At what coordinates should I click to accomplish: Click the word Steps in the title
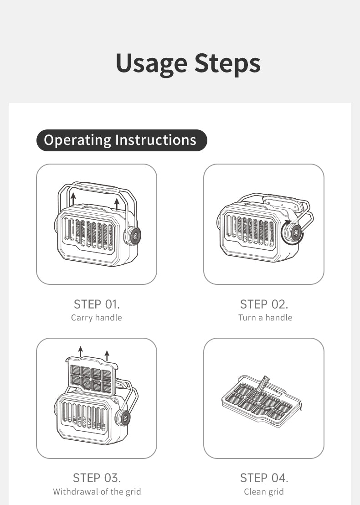[227, 63]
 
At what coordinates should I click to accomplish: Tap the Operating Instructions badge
[122, 140]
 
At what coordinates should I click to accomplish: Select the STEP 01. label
[97, 304]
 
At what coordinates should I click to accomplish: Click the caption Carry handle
[97, 318]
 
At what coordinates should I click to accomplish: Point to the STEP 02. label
[264, 304]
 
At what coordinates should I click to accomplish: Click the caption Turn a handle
[265, 318]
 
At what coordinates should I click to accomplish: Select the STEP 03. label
[97, 478]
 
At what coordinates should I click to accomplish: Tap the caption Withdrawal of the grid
[97, 492]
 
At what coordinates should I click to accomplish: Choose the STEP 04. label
[264, 478]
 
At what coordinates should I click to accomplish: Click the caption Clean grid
[264, 492]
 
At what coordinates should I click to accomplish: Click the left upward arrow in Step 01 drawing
[73, 199]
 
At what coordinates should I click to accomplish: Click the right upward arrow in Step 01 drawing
[117, 204]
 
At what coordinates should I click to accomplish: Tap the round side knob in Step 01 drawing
[133, 236]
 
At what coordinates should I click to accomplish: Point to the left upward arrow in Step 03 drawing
[81, 351]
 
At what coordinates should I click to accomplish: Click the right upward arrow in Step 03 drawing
[107, 356]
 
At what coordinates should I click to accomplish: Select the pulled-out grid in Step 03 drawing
[92, 376]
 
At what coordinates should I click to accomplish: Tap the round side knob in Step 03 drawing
[123, 418]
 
